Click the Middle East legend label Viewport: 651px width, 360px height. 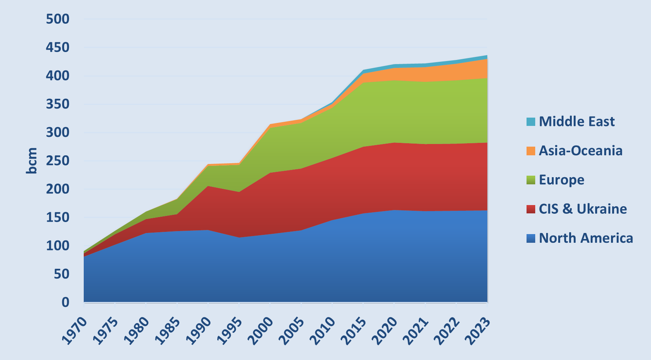coord(576,121)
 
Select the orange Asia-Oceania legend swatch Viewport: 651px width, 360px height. coord(531,151)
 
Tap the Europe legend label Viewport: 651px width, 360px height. coord(561,180)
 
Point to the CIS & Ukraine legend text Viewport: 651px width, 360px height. coord(583,209)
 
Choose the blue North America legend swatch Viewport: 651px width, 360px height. coord(531,238)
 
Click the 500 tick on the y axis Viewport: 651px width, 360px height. coord(58,19)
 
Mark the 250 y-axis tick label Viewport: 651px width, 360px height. coord(58,161)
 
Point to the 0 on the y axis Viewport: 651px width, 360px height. coord(66,302)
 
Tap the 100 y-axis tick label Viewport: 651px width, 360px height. coord(58,245)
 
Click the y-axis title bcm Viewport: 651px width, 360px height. coord(32,161)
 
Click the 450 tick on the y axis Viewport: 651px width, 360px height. coord(58,47)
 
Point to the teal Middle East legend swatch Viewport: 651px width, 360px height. coord(531,122)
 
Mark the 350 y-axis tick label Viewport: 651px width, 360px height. coord(58,104)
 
